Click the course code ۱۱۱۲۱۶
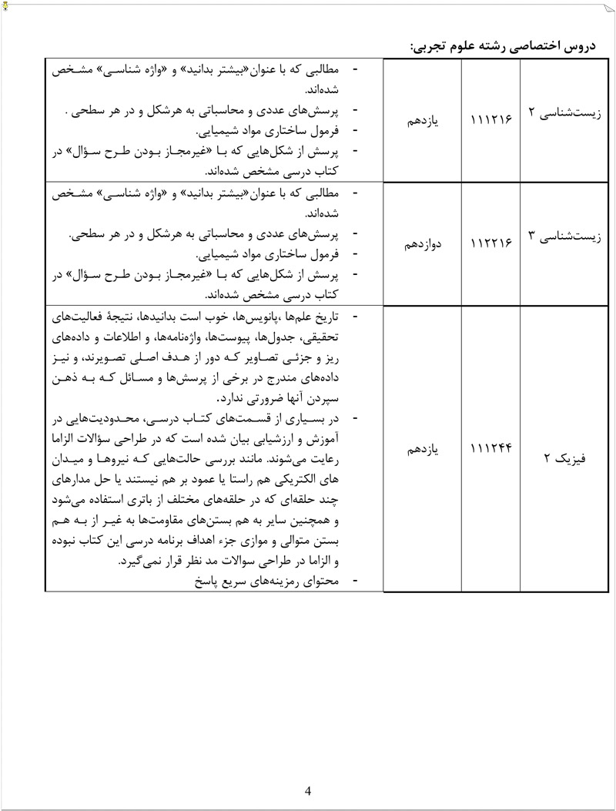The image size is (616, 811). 490,121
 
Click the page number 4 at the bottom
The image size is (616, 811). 308,790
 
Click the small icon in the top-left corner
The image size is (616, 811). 5,5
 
